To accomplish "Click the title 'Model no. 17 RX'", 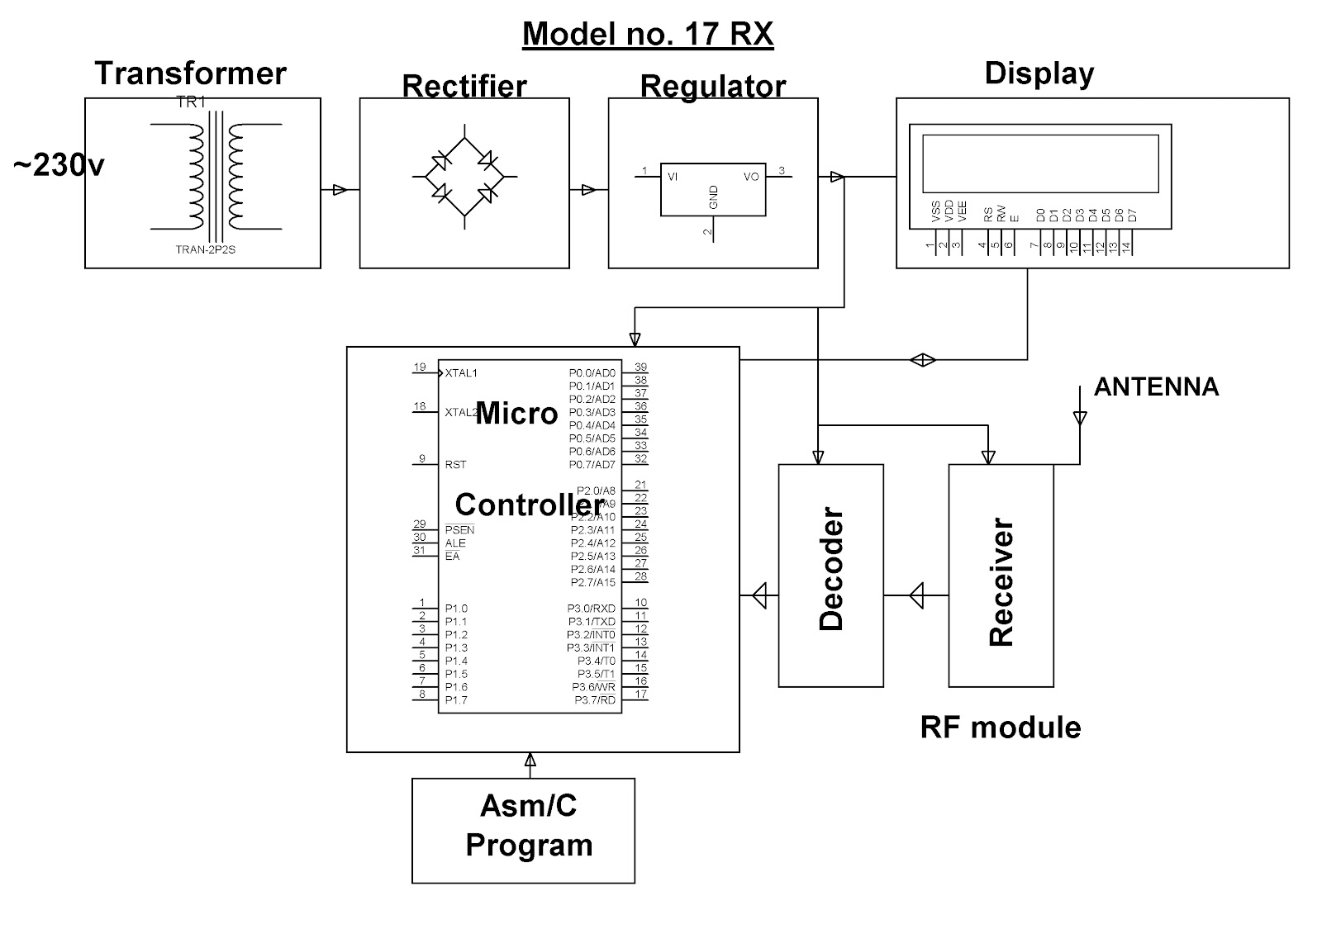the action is [x=648, y=34].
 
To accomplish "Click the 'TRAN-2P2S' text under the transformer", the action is [x=206, y=249].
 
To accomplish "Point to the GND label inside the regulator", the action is [x=714, y=197].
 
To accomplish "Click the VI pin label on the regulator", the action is [x=673, y=177].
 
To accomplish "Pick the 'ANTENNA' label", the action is [x=1156, y=387].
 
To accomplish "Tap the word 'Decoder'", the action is [x=831, y=569].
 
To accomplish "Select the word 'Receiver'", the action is [x=1001, y=581].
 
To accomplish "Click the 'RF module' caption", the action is [x=1001, y=728].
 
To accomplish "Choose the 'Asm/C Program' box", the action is [x=524, y=831].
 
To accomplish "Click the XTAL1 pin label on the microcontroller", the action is [x=461, y=372].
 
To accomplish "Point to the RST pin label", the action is [x=455, y=465].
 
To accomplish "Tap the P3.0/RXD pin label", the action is [x=592, y=608].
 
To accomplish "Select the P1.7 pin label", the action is [x=456, y=700].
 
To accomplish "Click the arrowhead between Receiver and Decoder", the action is [x=916, y=595].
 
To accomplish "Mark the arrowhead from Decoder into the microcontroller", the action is [x=759, y=595].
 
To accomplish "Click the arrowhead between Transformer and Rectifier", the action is [x=340, y=190].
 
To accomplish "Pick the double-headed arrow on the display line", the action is [x=922, y=360].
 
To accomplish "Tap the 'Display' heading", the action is [x=1039, y=73].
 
